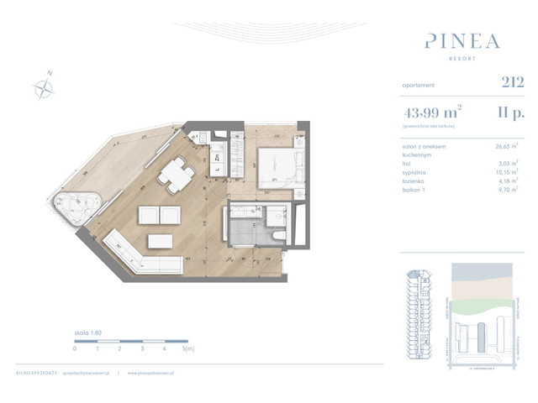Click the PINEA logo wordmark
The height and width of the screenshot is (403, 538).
pos(462,41)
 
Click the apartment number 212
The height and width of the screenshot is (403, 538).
pos(512,82)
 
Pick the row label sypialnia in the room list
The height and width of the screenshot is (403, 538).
pos(416,174)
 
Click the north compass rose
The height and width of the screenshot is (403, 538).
pos(43,86)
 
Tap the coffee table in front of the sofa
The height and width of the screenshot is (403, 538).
pos(161,241)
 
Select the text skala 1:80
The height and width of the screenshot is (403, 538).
pos(87,332)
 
